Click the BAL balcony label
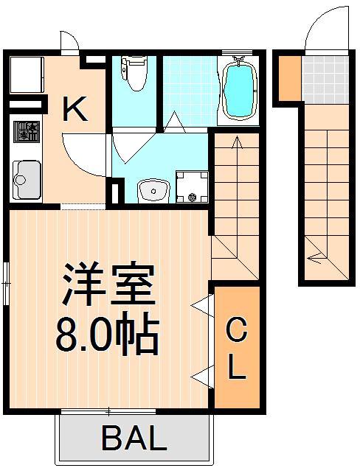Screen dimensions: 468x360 (x=134, y=440)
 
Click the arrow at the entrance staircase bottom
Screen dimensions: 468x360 (x=316, y=257)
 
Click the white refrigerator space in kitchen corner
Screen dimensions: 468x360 (x=27, y=75)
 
